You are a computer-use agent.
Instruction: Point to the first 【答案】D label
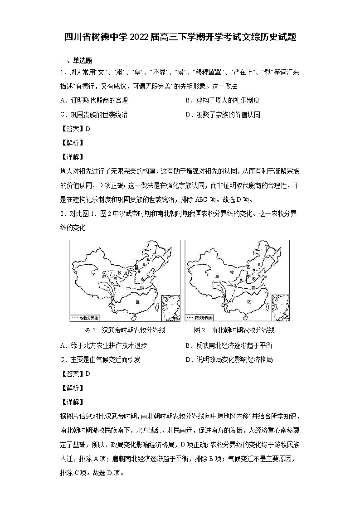tap(75, 129)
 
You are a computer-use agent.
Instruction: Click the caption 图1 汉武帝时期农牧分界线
tap(125, 330)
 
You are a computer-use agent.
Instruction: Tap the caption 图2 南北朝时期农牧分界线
tap(234, 330)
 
